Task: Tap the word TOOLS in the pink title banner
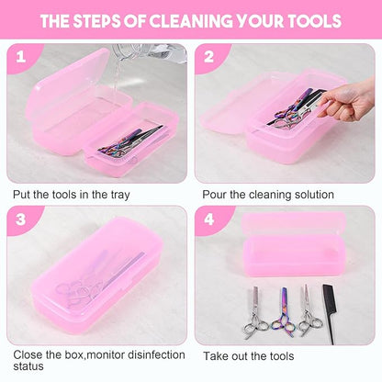click(308, 20)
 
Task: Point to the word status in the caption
click(28, 369)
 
